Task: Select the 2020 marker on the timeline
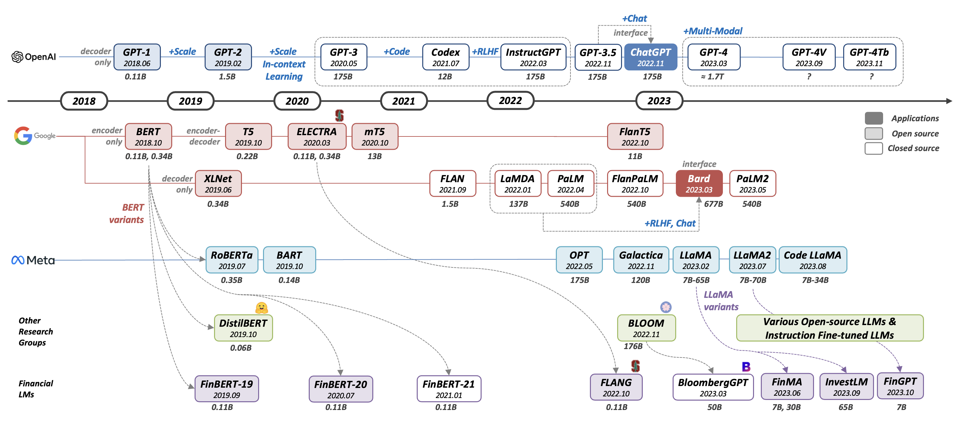pyautogui.click(x=297, y=101)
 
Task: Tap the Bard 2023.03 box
pyautogui.click(x=699, y=183)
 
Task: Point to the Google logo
pyautogui.click(x=23, y=136)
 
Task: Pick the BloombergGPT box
pyautogui.click(x=713, y=387)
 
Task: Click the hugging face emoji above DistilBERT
pyautogui.click(x=261, y=308)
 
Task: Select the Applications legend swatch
pyautogui.click(x=873, y=118)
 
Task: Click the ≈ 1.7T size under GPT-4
pyautogui.click(x=712, y=76)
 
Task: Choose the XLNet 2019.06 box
pyautogui.click(x=218, y=183)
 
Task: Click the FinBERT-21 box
pyautogui.click(x=449, y=389)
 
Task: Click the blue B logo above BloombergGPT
pyautogui.click(x=746, y=367)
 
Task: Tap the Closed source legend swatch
pyautogui.click(x=873, y=148)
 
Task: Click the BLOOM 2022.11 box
pyautogui.click(x=646, y=328)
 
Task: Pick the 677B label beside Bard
pyautogui.click(x=713, y=204)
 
